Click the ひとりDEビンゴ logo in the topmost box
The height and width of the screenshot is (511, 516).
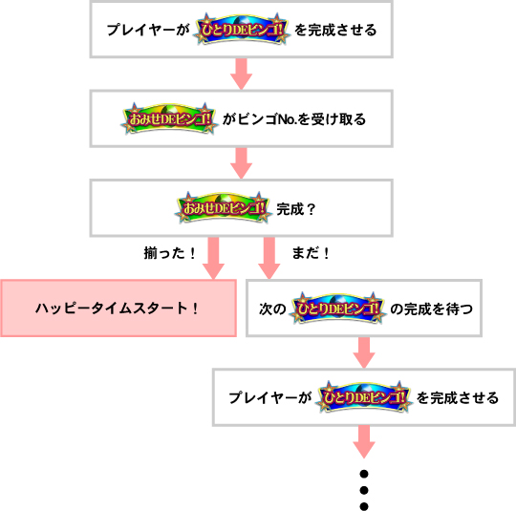pyautogui.click(x=242, y=30)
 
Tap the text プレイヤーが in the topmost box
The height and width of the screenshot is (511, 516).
pyautogui.click(x=149, y=30)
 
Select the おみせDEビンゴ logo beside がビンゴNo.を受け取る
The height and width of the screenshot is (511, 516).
pyautogui.click(x=169, y=118)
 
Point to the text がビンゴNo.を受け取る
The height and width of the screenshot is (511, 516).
pyautogui.click(x=294, y=119)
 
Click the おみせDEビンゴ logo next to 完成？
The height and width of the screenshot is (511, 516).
pyautogui.click(x=223, y=208)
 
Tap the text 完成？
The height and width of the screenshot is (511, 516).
pyautogui.click(x=296, y=209)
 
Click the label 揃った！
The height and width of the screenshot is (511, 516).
pyautogui.click(x=170, y=253)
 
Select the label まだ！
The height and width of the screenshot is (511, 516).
pyautogui.click(x=311, y=253)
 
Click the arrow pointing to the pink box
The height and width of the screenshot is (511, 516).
pyautogui.click(x=213, y=258)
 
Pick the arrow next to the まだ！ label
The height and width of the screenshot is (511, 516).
pyautogui.click(x=269, y=258)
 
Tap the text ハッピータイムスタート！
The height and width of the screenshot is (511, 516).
pyautogui.click(x=117, y=309)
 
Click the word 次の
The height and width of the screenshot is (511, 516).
pyautogui.click(x=272, y=309)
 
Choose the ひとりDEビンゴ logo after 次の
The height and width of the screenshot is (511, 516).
pyautogui.click(x=337, y=308)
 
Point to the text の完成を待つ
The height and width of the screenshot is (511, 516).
pyautogui.click(x=431, y=309)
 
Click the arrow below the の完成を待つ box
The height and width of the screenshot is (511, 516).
pyautogui.click(x=364, y=352)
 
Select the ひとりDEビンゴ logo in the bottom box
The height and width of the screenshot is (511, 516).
pyautogui.click(x=364, y=397)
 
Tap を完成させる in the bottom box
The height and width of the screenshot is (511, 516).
pyautogui.click(x=458, y=398)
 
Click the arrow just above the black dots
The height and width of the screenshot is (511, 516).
pyautogui.click(x=364, y=441)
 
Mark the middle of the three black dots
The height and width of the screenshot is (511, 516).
pyautogui.click(x=364, y=490)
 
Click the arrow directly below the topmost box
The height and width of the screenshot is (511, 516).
pyautogui.click(x=241, y=75)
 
